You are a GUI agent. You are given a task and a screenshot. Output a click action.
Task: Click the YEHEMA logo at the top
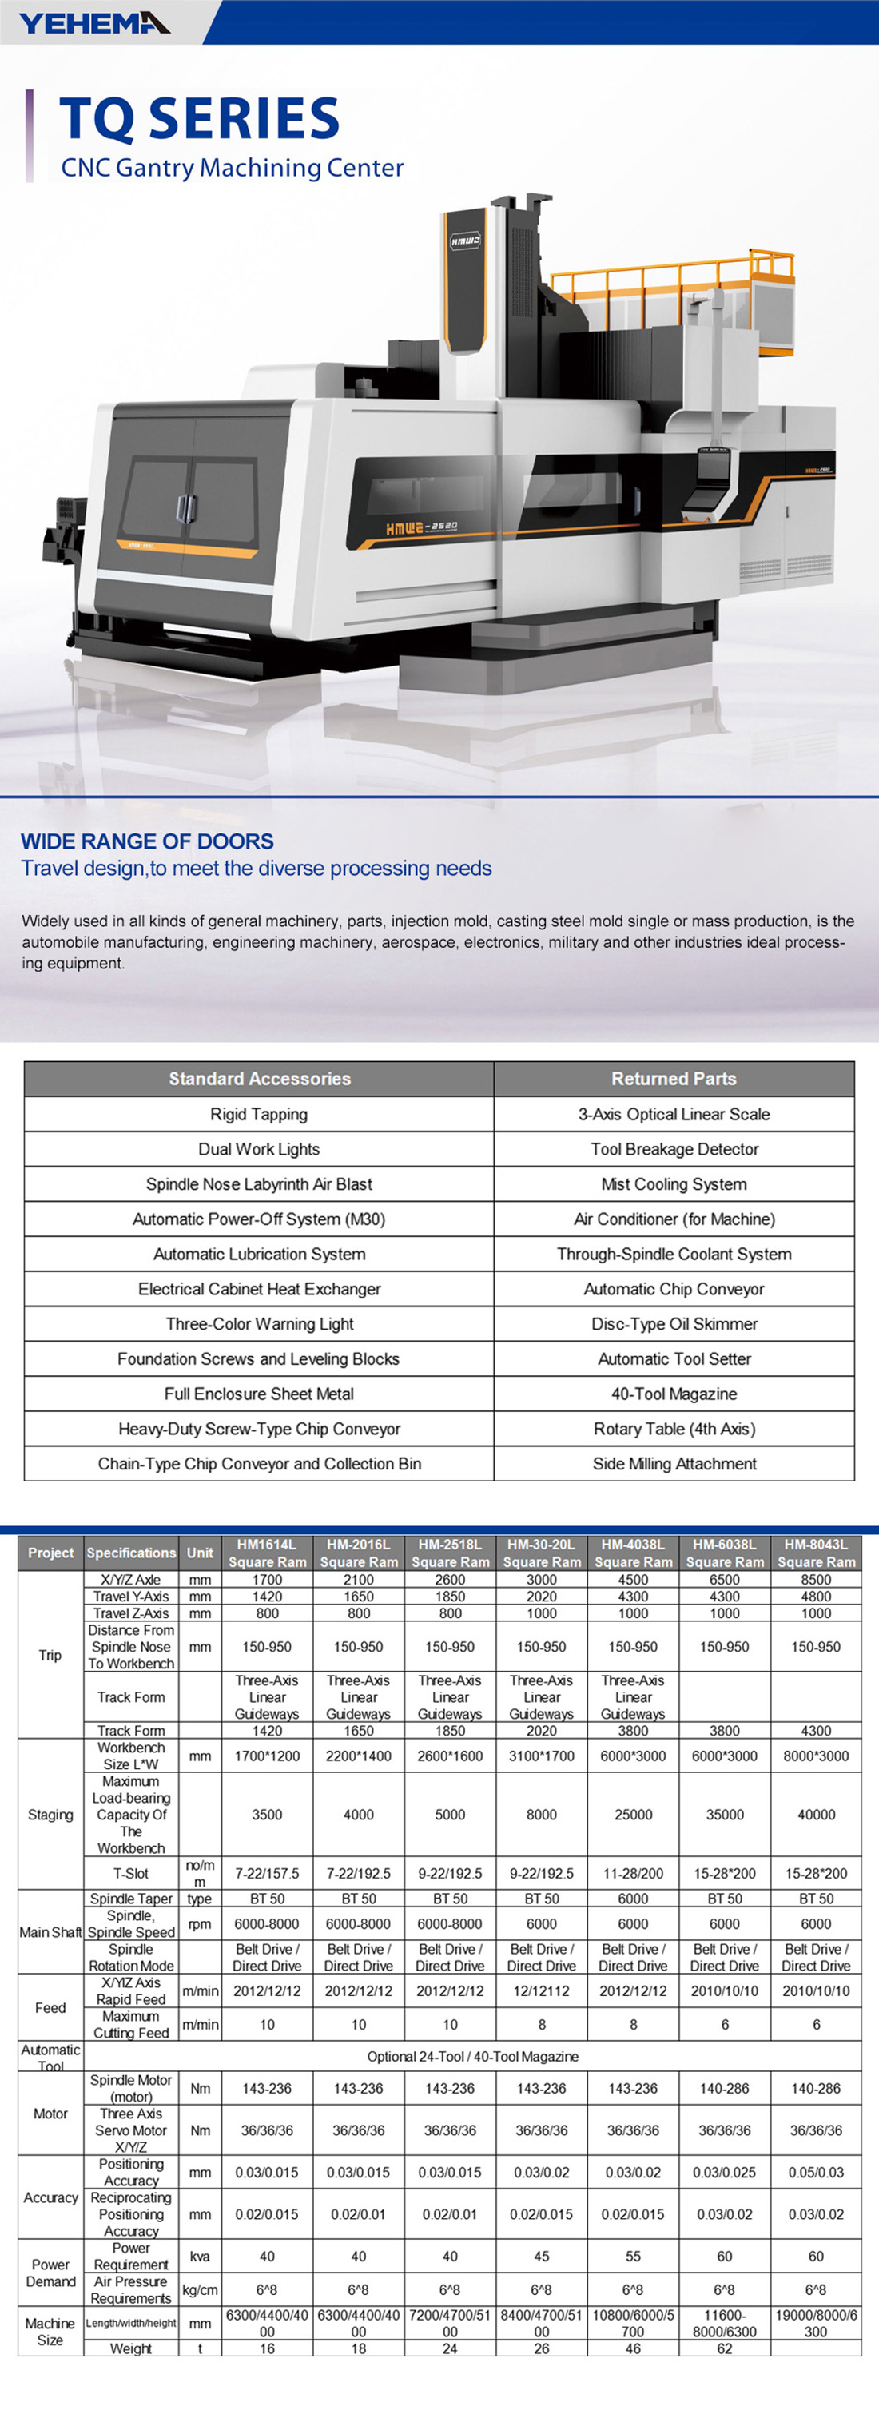(94, 22)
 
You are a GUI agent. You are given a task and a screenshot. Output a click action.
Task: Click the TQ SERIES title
(199, 119)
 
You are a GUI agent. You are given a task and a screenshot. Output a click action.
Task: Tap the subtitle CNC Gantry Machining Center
(232, 169)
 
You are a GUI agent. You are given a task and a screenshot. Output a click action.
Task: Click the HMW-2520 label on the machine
(422, 529)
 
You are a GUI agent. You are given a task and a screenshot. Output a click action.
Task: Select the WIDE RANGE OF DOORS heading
(148, 841)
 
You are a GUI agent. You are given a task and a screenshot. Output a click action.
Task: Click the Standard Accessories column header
(259, 1079)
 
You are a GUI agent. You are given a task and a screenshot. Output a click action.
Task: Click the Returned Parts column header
(674, 1079)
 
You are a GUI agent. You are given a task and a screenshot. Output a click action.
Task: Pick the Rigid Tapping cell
(259, 1114)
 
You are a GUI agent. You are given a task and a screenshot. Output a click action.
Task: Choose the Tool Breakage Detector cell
(674, 1149)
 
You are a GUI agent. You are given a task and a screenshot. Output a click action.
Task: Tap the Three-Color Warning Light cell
(259, 1324)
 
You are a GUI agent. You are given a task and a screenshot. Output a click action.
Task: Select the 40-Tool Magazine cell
(674, 1394)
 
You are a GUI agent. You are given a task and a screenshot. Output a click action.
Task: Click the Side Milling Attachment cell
(674, 1463)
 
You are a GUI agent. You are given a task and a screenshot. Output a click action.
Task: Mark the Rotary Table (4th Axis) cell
(674, 1429)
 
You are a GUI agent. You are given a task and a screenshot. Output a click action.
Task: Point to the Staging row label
(50, 1815)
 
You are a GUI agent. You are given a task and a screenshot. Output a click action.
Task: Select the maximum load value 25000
(633, 1815)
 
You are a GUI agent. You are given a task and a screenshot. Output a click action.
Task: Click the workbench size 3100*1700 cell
(542, 1756)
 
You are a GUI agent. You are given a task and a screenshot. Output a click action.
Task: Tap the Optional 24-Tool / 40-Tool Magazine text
(472, 2056)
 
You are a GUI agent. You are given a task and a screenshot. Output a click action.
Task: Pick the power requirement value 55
(633, 2257)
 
